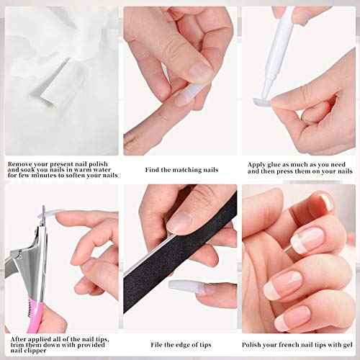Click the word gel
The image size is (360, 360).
[349, 345]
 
